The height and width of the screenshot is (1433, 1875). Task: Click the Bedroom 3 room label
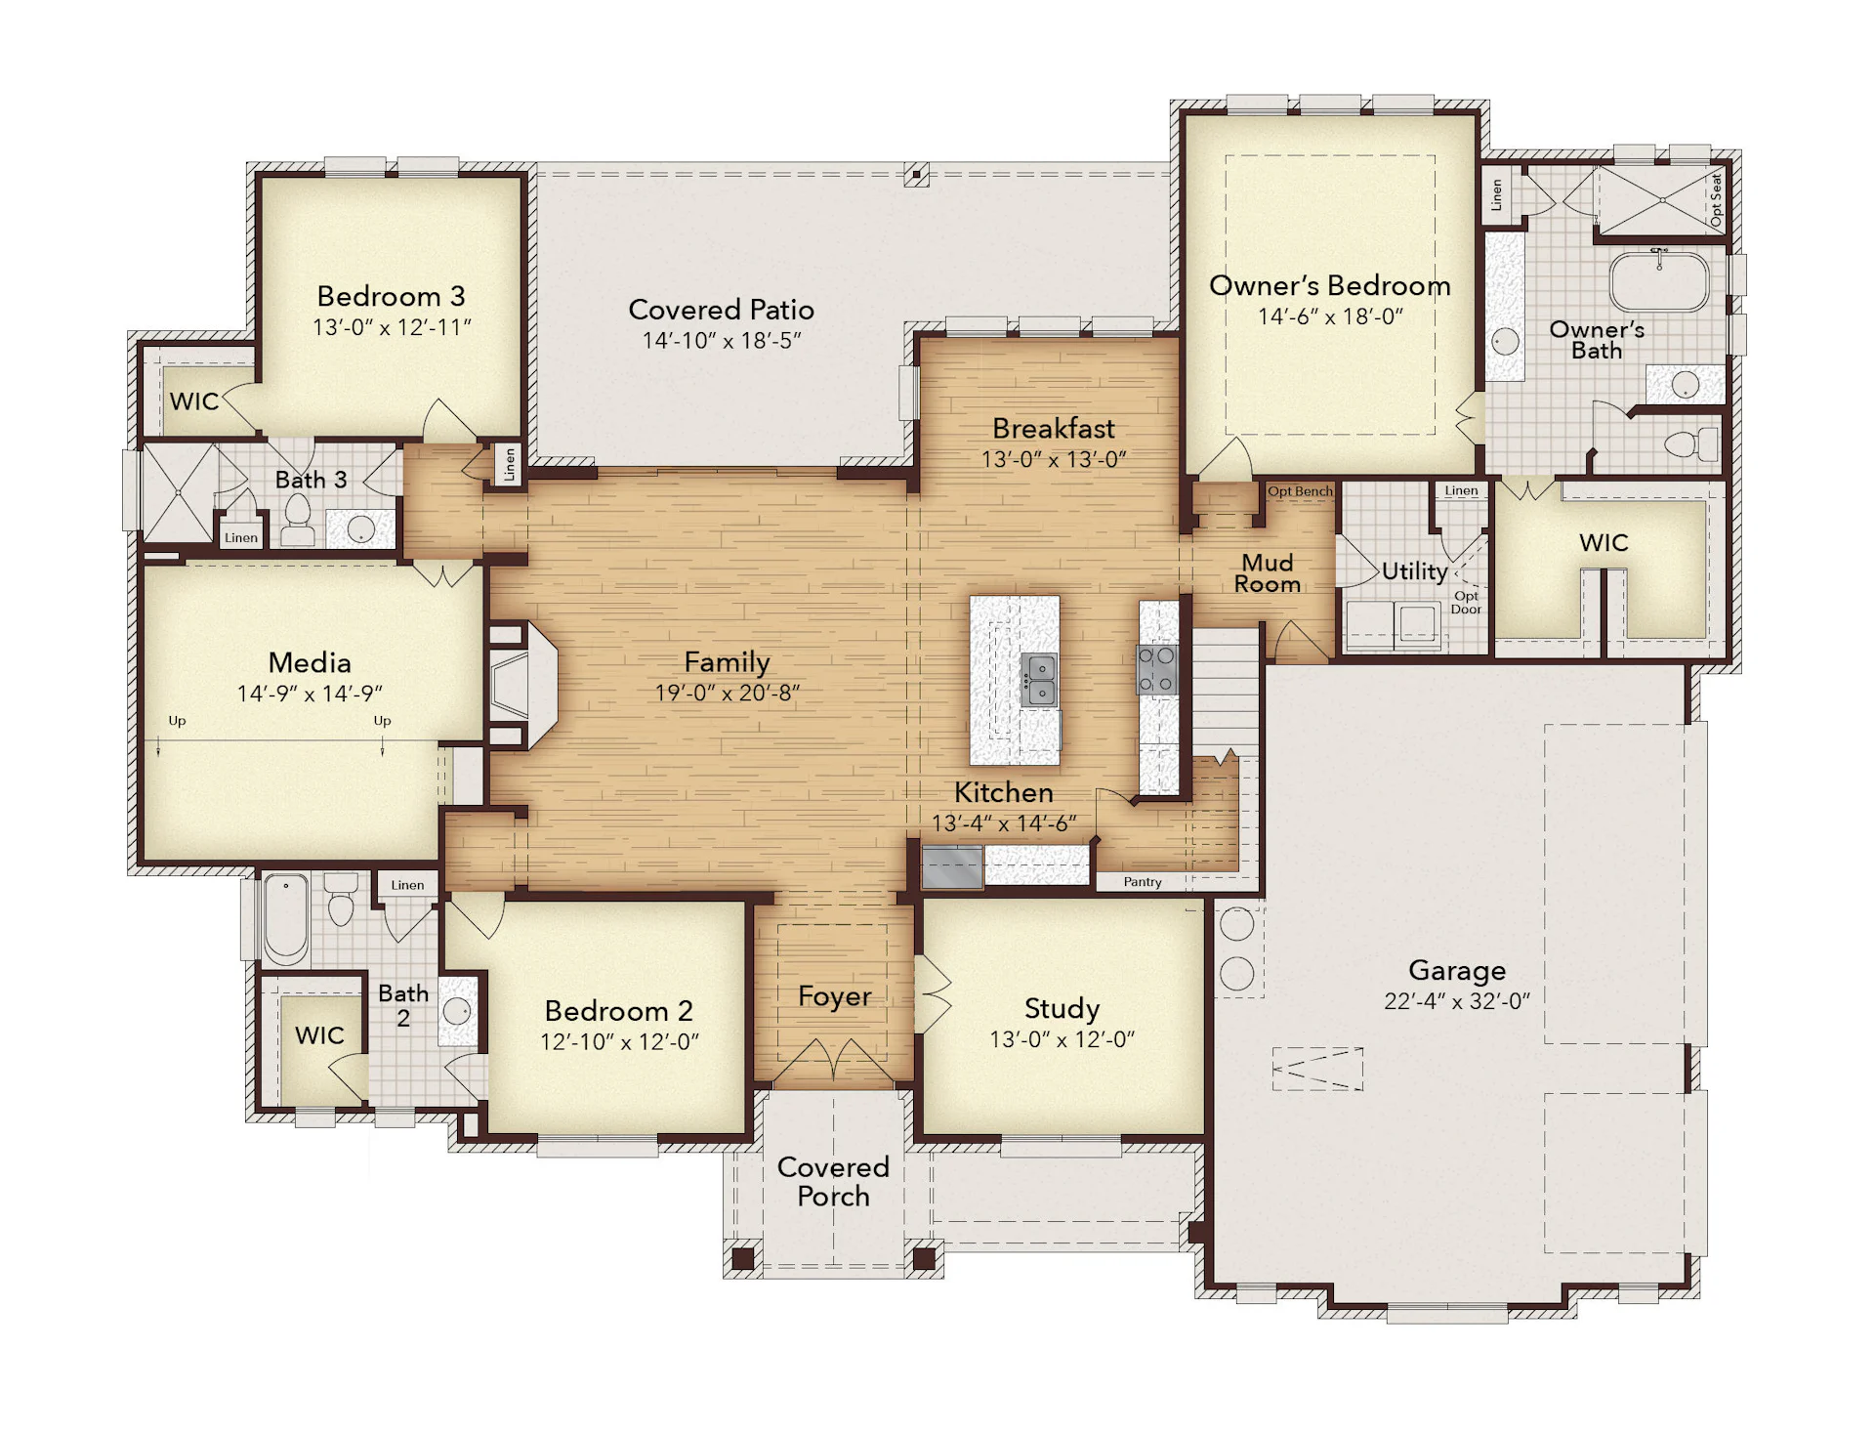[391, 296]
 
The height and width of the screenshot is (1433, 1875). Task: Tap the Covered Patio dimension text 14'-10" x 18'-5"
[722, 340]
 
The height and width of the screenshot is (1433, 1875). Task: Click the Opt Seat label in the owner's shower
[1716, 200]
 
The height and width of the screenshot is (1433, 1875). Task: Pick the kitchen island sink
[1038, 680]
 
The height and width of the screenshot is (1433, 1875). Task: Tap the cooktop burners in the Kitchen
[1157, 669]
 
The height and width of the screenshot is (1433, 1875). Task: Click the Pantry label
[1143, 882]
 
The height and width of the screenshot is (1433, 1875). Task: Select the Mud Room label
[1268, 573]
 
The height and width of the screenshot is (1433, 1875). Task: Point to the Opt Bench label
[1300, 491]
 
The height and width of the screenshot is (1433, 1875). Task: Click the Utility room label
[1414, 571]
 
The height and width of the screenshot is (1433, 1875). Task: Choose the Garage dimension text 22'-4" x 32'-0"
[1457, 1001]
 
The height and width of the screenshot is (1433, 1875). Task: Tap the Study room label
[1062, 1008]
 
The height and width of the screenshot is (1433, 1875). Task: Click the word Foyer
[834, 996]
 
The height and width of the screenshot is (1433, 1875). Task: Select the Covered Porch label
[833, 1181]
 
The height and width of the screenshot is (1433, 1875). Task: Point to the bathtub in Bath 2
[286, 916]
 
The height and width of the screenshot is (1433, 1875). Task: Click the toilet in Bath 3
[298, 521]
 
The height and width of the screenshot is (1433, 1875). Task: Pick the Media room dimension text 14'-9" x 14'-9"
[310, 694]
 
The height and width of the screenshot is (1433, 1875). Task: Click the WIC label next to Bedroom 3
[193, 401]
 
